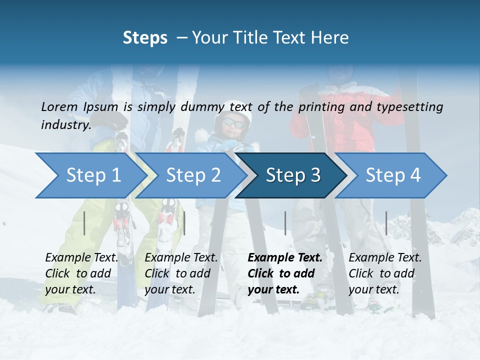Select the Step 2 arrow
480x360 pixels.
(192, 175)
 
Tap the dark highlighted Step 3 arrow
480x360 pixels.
(292, 175)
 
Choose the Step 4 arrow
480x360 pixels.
(392, 175)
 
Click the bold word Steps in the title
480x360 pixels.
(145, 38)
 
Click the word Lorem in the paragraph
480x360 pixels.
(59, 106)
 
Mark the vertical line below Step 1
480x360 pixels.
(84, 223)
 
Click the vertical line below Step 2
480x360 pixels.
(184, 223)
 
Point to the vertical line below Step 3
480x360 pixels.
(285, 223)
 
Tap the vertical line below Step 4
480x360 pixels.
(386, 223)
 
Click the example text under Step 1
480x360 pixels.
(81, 273)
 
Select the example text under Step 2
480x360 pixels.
(181, 273)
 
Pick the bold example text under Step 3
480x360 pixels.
(284, 273)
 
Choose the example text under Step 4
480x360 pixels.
(385, 273)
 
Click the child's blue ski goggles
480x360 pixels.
(233, 122)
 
